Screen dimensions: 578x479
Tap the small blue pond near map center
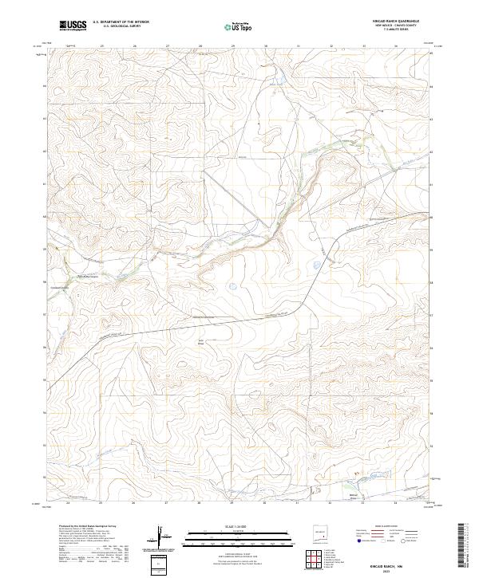click(x=232, y=285)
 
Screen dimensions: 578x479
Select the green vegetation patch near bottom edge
click(x=346, y=482)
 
